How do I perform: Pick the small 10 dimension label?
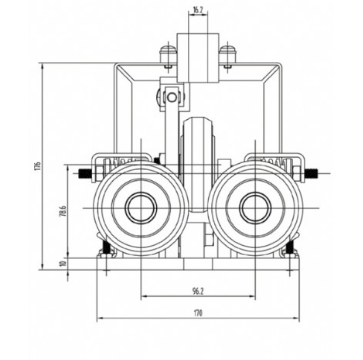coord(63,265)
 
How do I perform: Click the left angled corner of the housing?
coord(120,72)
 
